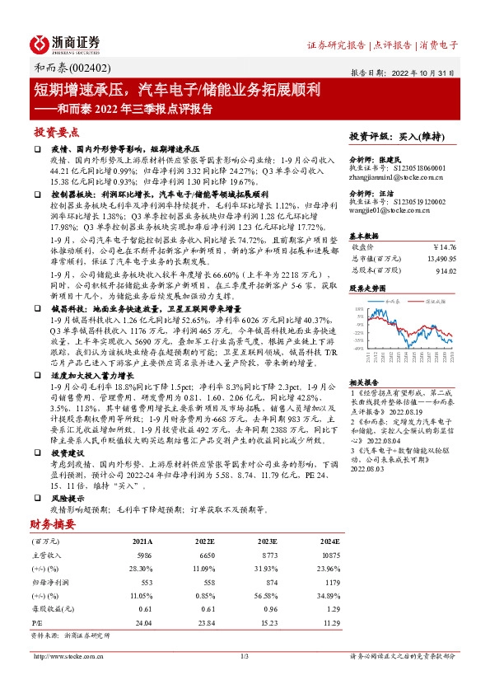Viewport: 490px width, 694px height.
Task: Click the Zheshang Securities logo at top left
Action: tap(65, 43)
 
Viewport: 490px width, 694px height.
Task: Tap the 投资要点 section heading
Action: tap(57, 132)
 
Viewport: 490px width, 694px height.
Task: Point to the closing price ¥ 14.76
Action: tap(443, 246)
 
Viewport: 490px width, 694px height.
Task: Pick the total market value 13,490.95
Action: tap(438, 257)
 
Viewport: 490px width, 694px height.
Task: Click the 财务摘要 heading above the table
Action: tap(54, 523)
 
